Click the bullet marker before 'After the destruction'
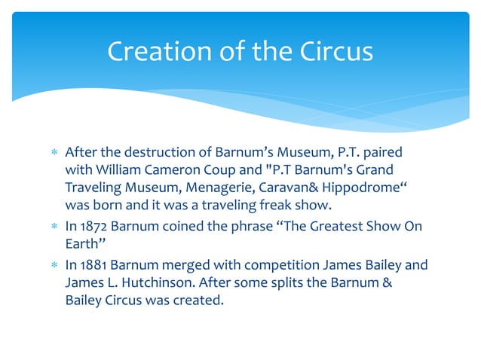(x=52, y=153)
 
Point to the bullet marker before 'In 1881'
(x=52, y=265)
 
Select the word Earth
(x=82, y=245)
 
